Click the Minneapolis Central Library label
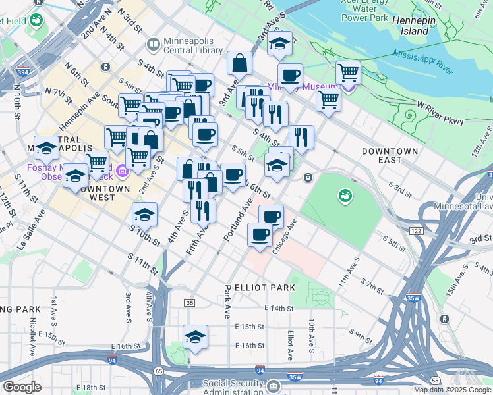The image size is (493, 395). click(191, 45)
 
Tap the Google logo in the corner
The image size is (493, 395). click(22, 386)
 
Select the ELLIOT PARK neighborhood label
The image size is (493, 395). click(258, 288)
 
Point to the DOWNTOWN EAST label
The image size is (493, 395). click(390, 156)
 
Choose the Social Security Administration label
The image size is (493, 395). click(242, 387)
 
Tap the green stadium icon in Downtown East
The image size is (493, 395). click(344, 196)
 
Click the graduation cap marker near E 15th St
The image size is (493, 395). click(195, 337)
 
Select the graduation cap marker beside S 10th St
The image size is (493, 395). click(145, 215)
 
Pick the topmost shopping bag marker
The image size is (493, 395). click(240, 64)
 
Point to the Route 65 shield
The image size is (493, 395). click(159, 371)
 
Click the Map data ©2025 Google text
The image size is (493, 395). click(451, 390)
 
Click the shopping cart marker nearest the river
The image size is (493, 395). click(347, 72)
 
